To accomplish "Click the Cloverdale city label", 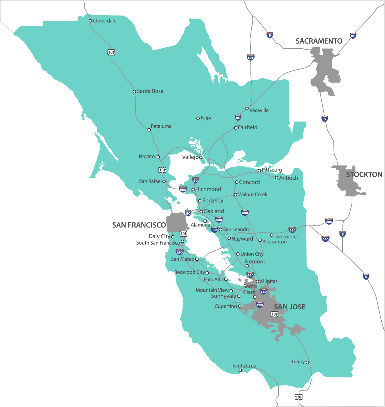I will [x=104, y=21].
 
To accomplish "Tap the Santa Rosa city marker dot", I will [x=134, y=91].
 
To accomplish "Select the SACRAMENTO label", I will [x=319, y=41].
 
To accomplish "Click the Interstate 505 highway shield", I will [x=250, y=57].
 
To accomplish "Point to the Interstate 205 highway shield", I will [x=329, y=222].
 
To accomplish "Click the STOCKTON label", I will [x=364, y=175].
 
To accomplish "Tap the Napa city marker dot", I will [x=198, y=118].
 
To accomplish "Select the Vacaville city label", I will [x=259, y=110].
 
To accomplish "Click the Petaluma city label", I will [x=161, y=126].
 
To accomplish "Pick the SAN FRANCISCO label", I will [x=139, y=225].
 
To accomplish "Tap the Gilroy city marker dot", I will [x=307, y=362].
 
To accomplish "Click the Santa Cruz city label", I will [x=244, y=366].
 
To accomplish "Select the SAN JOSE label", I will [x=289, y=307].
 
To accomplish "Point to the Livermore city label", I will [x=285, y=237].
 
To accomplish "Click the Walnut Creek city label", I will [x=253, y=194].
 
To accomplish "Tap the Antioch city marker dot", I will [x=276, y=178].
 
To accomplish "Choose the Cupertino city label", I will [x=226, y=306].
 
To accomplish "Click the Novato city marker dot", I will [x=158, y=157].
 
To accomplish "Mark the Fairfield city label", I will [x=247, y=127].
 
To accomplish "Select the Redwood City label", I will [x=190, y=272].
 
